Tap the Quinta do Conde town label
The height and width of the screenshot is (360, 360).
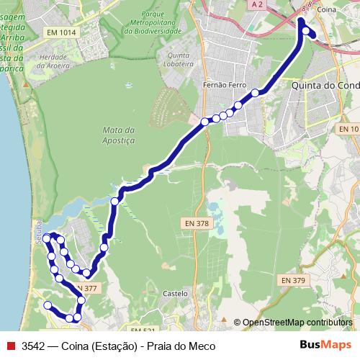[x=325, y=85]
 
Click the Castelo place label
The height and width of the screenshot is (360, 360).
[x=175, y=294]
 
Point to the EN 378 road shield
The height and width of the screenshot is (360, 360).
[x=196, y=224]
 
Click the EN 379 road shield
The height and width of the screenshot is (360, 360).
[x=292, y=280]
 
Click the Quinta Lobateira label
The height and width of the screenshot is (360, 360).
[x=180, y=58]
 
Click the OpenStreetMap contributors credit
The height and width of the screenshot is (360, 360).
[x=297, y=323]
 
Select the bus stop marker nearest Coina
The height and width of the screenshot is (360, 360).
[x=307, y=31]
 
